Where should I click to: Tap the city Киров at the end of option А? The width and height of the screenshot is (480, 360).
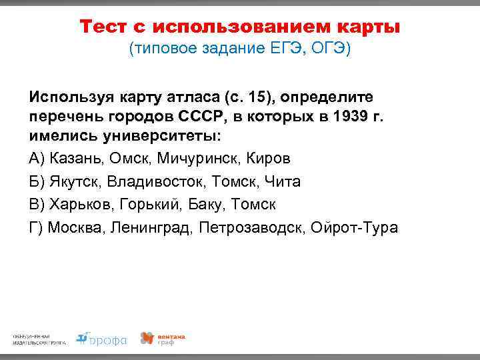point(269,159)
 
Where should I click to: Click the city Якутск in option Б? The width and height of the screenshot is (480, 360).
point(74,181)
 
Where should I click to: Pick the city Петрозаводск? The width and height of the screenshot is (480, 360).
point(252,227)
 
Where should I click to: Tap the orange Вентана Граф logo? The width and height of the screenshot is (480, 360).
point(162,339)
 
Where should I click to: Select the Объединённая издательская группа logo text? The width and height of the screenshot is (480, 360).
point(39,339)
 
